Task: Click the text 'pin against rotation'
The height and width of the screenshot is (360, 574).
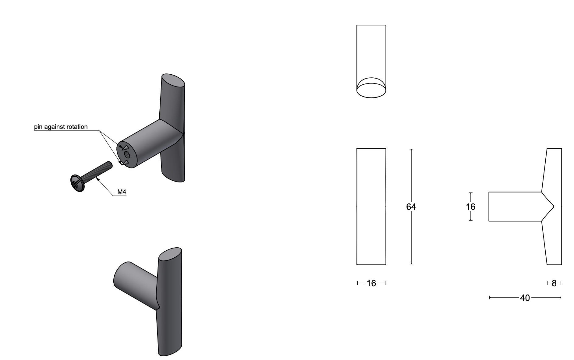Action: click(x=61, y=127)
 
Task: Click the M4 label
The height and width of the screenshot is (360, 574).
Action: click(x=122, y=192)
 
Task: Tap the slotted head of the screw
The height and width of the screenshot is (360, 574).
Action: click(x=76, y=183)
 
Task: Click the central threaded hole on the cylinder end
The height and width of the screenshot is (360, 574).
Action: click(x=127, y=155)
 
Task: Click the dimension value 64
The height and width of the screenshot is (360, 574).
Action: click(x=411, y=207)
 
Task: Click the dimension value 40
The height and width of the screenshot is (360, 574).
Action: click(x=525, y=298)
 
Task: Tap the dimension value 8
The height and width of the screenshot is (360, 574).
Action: click(x=554, y=283)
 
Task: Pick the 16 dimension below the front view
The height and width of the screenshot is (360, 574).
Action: click(x=371, y=283)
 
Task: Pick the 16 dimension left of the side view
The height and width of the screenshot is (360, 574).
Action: click(x=471, y=207)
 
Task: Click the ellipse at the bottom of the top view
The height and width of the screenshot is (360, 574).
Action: click(x=371, y=91)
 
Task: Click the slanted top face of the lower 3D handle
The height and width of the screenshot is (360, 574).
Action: click(x=170, y=254)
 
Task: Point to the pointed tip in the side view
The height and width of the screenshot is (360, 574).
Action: click(x=553, y=206)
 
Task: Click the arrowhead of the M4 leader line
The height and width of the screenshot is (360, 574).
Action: click(x=97, y=179)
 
